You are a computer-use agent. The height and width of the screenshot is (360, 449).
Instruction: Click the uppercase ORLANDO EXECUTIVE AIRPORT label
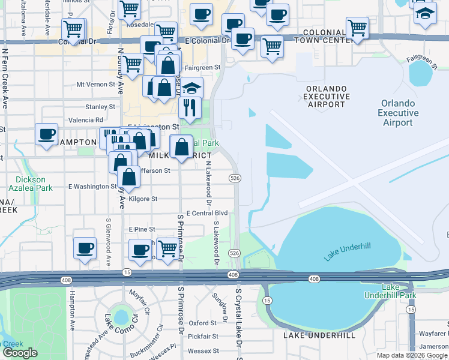pyautogui.click(x=327, y=96)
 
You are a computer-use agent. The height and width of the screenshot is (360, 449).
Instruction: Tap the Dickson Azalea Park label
pyautogui.click(x=29, y=184)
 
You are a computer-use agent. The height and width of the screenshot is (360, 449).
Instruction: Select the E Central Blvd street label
pyautogui.click(x=206, y=213)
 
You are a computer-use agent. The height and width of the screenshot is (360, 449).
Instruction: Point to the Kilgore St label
pyautogui.click(x=142, y=199)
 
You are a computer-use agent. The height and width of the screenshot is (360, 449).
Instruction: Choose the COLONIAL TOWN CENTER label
pyautogui.click(x=324, y=35)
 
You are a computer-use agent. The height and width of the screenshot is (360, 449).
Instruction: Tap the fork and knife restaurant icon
pyautogui.click(x=190, y=109)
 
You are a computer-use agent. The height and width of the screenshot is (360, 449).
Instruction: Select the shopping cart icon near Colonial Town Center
pyautogui.click(x=357, y=28)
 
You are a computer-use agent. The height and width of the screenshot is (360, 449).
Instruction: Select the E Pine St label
pyautogui.click(x=142, y=229)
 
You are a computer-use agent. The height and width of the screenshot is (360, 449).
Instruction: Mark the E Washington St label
pyautogui.click(x=92, y=187)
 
